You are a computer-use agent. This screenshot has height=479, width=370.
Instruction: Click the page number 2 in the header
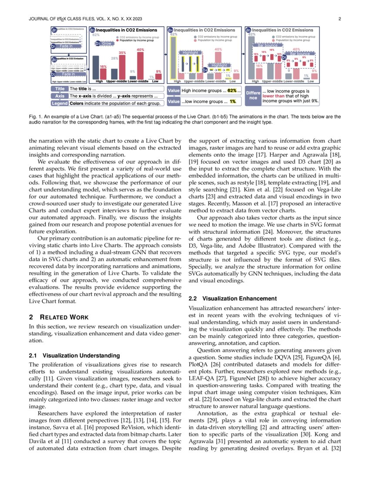pyautogui.click(x=340, y=19)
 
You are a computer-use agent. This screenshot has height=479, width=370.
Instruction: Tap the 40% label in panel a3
pyautogui.click(x=140, y=50)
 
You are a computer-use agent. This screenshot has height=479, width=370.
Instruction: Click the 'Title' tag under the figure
pyautogui.click(x=60, y=89)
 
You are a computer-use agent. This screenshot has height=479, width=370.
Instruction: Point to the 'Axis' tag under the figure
pyautogui.click(x=60, y=96)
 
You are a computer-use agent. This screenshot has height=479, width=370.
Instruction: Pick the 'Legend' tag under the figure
pyautogui.click(x=60, y=103)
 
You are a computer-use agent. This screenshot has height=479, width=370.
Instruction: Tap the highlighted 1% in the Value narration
pyautogui.click(x=233, y=101)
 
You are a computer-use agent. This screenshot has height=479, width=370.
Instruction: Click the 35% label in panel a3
pyautogui.click(x=122, y=53)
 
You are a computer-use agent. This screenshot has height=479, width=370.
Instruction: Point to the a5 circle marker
pyautogui.click(x=248, y=30)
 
